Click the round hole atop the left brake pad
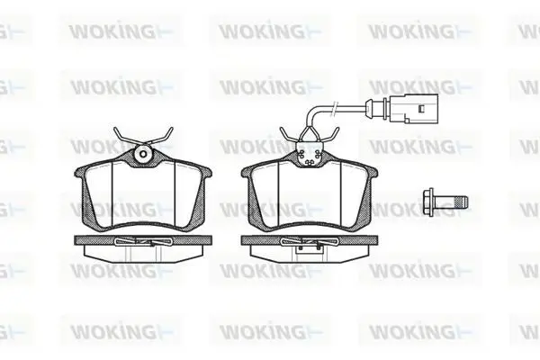pyautogui.click(x=144, y=154)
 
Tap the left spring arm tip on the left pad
pyautogui.click(x=115, y=130)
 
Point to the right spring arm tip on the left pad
pyautogui.click(x=171, y=130)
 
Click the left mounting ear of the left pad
pyautogui.click(x=80, y=172)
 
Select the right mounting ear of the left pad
pyautogui.click(x=206, y=172)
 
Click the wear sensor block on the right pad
pyautogui.click(x=310, y=155)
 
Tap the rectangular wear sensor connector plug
pyautogui.click(x=414, y=109)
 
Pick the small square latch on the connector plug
pyautogui.click(x=420, y=109)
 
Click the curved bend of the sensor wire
pyautogui.click(x=312, y=112)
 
